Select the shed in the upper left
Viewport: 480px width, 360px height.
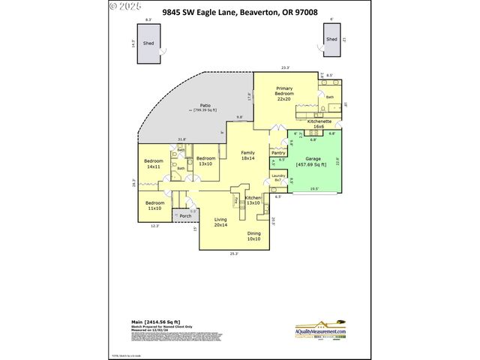coord(150,44)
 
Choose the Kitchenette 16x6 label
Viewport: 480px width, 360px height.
coord(320,124)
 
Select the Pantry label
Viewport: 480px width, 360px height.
coord(277,153)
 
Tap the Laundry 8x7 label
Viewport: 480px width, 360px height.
coord(277,178)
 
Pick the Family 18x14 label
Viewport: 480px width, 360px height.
coord(247,156)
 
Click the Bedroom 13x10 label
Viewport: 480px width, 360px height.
coord(206,160)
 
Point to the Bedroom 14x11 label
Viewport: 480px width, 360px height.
coord(153,164)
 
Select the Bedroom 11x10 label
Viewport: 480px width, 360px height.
coord(154,205)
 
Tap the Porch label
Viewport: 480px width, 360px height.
coord(184,216)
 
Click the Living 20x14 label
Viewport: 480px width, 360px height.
coord(220,222)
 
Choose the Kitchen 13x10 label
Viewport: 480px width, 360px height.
coord(253,200)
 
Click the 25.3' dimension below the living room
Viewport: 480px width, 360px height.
coord(234,253)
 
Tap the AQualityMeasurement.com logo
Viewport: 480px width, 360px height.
coord(320,331)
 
